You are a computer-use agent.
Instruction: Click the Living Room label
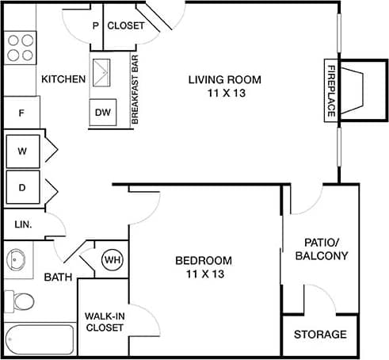tap(224, 86)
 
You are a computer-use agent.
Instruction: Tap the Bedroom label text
tap(204, 266)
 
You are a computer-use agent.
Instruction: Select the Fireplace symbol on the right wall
tap(349, 89)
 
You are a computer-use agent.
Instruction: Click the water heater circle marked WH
tap(112, 259)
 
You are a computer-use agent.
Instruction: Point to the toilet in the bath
tap(22, 302)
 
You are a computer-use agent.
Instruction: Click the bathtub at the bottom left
tap(37, 339)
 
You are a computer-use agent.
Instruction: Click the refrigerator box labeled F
tap(22, 113)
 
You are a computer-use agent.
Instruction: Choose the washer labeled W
tap(23, 151)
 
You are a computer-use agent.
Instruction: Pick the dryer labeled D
tap(23, 189)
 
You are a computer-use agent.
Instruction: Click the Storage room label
tap(320, 334)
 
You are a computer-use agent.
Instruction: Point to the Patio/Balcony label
tap(321, 249)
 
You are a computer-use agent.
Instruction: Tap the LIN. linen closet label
tap(22, 224)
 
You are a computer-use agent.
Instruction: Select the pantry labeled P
tap(96, 25)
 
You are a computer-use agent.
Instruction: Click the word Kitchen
tap(63, 79)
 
